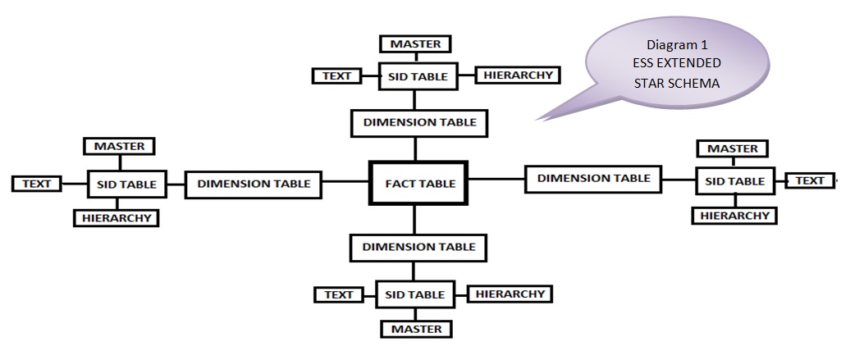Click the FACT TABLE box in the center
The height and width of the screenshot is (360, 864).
pos(419,184)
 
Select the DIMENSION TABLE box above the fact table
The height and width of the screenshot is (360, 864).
pos(419,122)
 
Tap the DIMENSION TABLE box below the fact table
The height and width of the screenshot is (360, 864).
pos(418,246)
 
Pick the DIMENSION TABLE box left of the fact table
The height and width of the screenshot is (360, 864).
pos(254,184)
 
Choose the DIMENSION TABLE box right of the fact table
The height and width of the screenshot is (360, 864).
pos(593,178)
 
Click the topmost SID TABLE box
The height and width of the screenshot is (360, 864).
pos(418,76)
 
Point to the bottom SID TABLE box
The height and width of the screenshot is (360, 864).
pos(416,294)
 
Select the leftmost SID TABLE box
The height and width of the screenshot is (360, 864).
pos(126,185)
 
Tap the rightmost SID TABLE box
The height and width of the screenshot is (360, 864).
pos(734,181)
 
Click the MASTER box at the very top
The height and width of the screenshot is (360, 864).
pos(415,44)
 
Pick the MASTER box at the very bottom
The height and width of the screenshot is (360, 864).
pos(415,329)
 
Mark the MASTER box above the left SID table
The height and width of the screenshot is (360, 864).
pos(119,147)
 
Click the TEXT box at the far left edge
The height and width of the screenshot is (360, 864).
pos(36,184)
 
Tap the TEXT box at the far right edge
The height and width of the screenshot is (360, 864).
pos(810,180)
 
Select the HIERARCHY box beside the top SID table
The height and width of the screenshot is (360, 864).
pos(518,75)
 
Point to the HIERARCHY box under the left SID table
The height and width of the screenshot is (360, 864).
pos(116,218)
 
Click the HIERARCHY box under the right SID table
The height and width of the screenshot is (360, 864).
pos(734,216)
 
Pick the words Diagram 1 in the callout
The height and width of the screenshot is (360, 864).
pos(677,45)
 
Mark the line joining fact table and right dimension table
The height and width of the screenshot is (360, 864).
pos(496,179)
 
